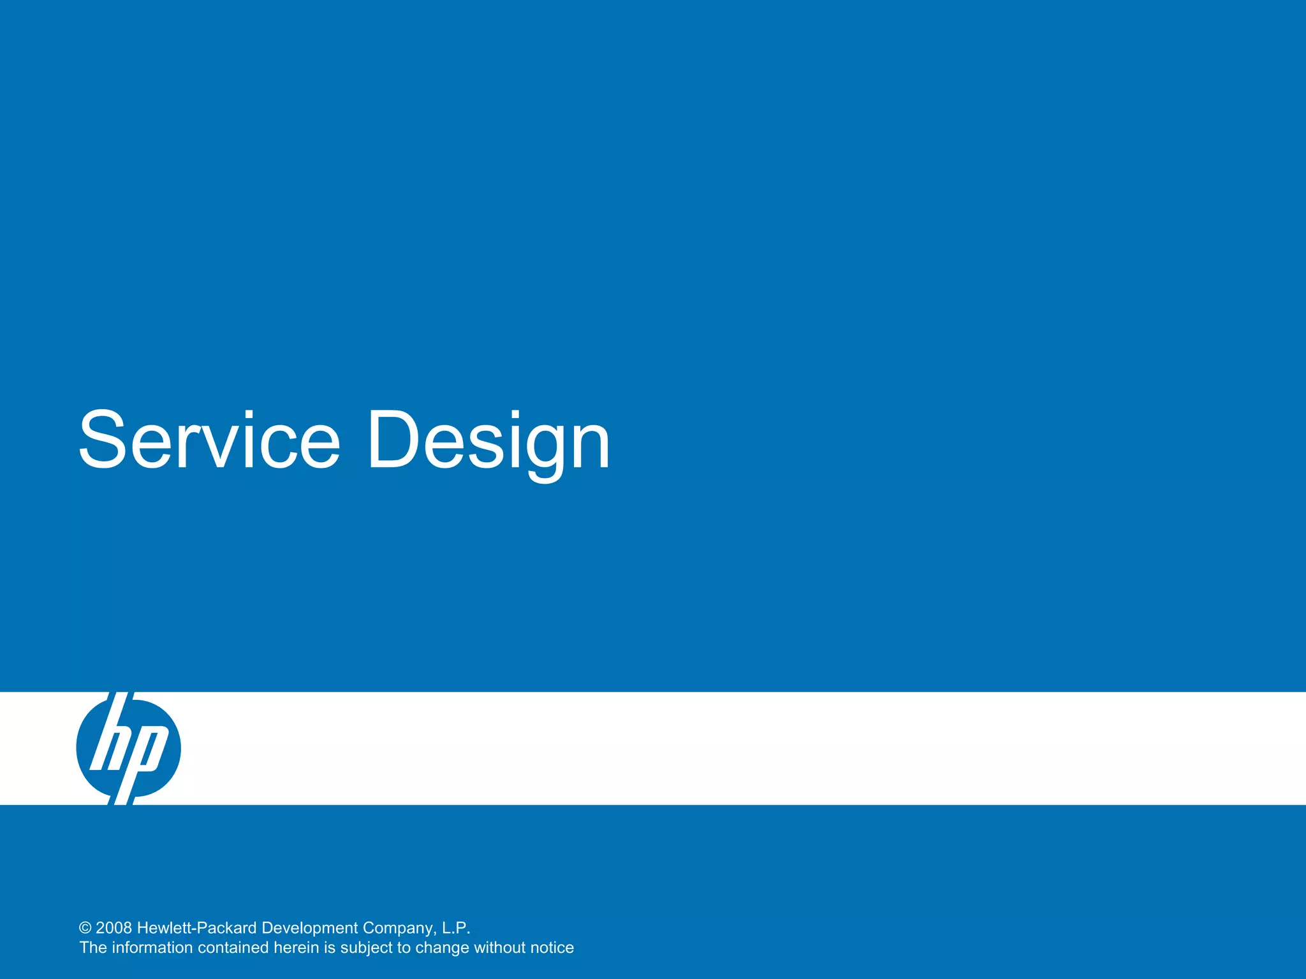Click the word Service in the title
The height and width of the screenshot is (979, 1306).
tap(209, 440)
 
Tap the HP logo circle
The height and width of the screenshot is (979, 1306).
tap(128, 748)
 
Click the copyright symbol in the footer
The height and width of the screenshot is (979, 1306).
tap(85, 928)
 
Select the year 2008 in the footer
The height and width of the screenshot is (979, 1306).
tap(114, 928)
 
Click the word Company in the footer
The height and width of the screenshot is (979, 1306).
tap(399, 929)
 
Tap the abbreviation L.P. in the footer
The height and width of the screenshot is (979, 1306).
tap(455, 928)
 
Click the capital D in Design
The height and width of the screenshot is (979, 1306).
tap(392, 439)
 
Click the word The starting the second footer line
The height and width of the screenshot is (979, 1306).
tap(93, 948)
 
